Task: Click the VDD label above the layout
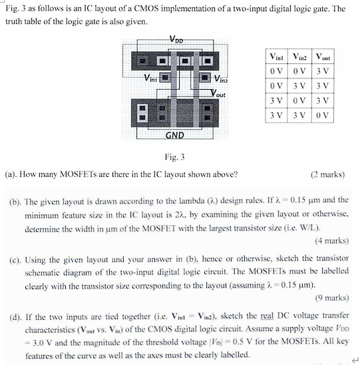tap(177, 39)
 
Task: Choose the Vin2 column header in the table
tap(301, 57)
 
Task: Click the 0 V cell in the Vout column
tap(325, 114)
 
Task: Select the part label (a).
tap(11, 175)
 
